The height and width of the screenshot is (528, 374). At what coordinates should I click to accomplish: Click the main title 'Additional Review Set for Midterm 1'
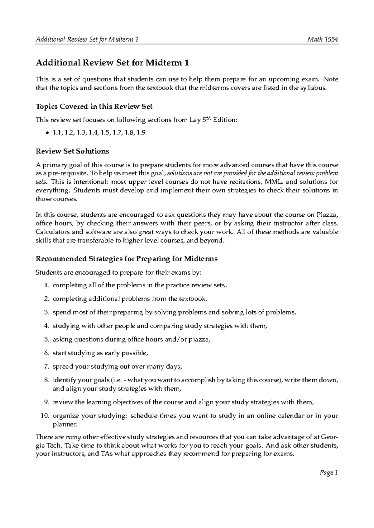tap(112, 63)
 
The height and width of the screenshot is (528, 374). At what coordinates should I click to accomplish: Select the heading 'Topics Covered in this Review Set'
tap(94, 106)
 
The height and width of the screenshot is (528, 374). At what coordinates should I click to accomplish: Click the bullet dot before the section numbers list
tap(47, 133)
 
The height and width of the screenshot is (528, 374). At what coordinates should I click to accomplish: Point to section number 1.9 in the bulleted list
tap(141, 133)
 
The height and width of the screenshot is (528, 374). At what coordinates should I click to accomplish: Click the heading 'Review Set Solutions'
tap(72, 151)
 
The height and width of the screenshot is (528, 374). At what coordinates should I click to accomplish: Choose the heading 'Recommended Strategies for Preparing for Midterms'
tap(127, 259)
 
